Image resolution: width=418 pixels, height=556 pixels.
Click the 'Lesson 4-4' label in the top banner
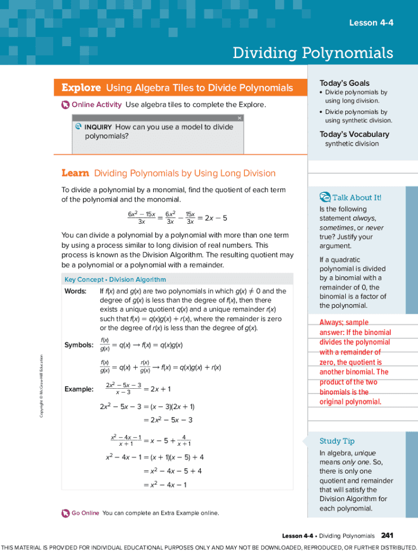(371, 22)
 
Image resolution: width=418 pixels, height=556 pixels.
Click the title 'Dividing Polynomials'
(313, 53)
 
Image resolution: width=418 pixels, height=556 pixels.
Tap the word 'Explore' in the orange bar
(81, 88)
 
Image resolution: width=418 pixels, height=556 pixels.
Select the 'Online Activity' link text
(97, 104)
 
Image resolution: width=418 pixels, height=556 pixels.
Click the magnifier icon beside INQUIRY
(78, 127)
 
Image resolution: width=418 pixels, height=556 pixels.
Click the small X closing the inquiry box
(239, 118)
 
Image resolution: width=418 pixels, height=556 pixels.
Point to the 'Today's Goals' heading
(344, 83)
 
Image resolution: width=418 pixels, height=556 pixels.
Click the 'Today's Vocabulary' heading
(354, 134)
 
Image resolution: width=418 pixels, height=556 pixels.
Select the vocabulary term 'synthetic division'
(352, 144)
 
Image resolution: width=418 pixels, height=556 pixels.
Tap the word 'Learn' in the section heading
(75, 173)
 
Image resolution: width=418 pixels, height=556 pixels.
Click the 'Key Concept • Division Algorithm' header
(115, 280)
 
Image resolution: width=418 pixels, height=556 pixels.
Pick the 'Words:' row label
(75, 291)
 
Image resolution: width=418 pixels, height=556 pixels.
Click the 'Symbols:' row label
(79, 345)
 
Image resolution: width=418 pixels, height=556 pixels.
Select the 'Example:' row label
(79, 389)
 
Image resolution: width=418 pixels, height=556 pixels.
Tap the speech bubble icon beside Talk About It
(325, 197)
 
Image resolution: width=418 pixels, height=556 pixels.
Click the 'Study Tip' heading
(337, 441)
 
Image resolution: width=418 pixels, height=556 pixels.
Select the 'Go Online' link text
(85, 513)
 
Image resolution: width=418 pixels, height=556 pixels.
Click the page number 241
(387, 535)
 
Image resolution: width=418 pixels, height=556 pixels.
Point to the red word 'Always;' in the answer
(332, 323)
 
